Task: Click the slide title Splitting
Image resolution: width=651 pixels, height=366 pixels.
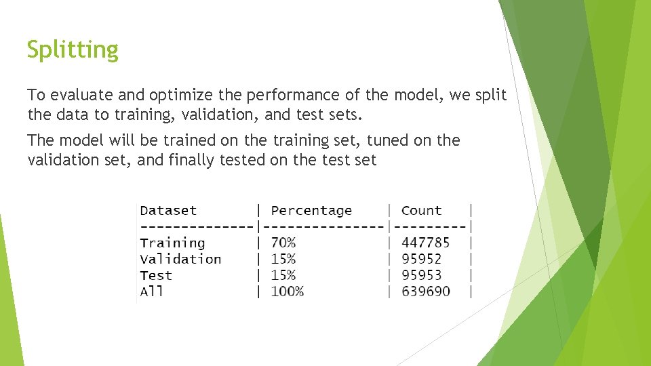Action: pyautogui.click(x=73, y=49)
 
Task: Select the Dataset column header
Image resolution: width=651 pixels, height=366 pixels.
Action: pyautogui.click(x=168, y=211)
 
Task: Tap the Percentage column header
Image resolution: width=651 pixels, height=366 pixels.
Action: pyautogui.click(x=311, y=211)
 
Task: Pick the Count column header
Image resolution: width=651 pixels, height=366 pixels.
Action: pyautogui.click(x=421, y=211)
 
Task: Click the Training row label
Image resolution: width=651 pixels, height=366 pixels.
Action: pyautogui.click(x=172, y=243)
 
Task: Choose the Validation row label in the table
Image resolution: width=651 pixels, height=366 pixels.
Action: pyautogui.click(x=180, y=259)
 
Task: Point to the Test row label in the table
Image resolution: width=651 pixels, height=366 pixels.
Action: pyautogui.click(x=156, y=275)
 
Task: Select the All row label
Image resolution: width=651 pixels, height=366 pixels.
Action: pyautogui.click(x=151, y=291)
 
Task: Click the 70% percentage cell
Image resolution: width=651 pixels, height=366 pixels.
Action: pyautogui.click(x=283, y=243)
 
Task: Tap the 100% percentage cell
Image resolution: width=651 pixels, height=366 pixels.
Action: pyautogui.click(x=288, y=291)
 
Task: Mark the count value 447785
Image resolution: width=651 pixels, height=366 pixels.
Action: pyautogui.click(x=425, y=243)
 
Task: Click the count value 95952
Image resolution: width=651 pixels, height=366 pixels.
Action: pyautogui.click(x=421, y=259)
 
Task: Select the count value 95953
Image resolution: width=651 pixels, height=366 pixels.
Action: pyautogui.click(x=421, y=275)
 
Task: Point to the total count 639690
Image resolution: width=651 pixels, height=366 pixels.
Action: pyautogui.click(x=425, y=291)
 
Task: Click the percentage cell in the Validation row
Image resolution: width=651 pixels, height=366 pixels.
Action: pyautogui.click(x=283, y=259)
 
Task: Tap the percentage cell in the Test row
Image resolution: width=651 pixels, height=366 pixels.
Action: pyautogui.click(x=283, y=275)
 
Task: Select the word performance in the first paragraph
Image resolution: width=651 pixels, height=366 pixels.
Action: pyautogui.click(x=268, y=96)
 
